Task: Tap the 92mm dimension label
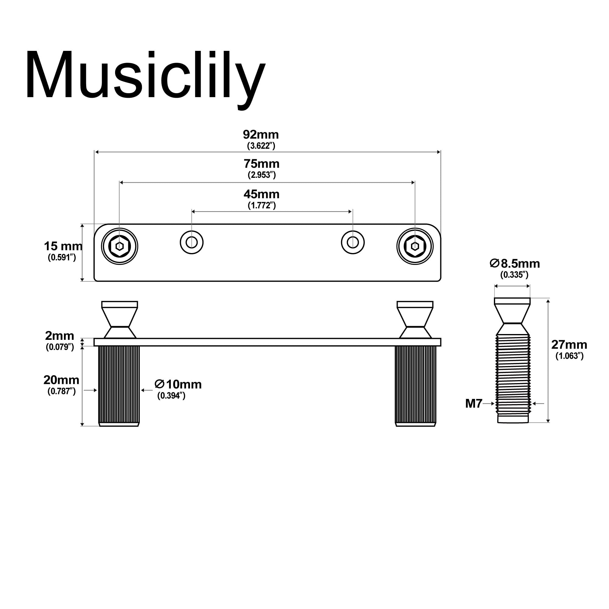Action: click(x=261, y=135)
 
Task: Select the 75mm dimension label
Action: click(x=261, y=164)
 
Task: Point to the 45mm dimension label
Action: click(x=261, y=194)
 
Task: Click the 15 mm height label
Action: click(x=63, y=246)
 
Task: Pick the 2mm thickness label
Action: click(x=60, y=335)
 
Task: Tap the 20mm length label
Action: click(x=61, y=380)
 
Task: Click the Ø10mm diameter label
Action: click(x=178, y=384)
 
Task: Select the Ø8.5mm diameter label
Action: click(x=515, y=263)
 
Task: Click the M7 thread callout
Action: click(x=473, y=403)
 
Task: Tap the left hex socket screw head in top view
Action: click(x=119, y=246)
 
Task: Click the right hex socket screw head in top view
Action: click(x=415, y=246)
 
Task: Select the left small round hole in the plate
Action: click(x=192, y=242)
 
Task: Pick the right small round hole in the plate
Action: click(x=353, y=242)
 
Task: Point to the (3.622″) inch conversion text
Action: click(x=261, y=146)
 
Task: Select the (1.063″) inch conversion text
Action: click(x=569, y=356)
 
